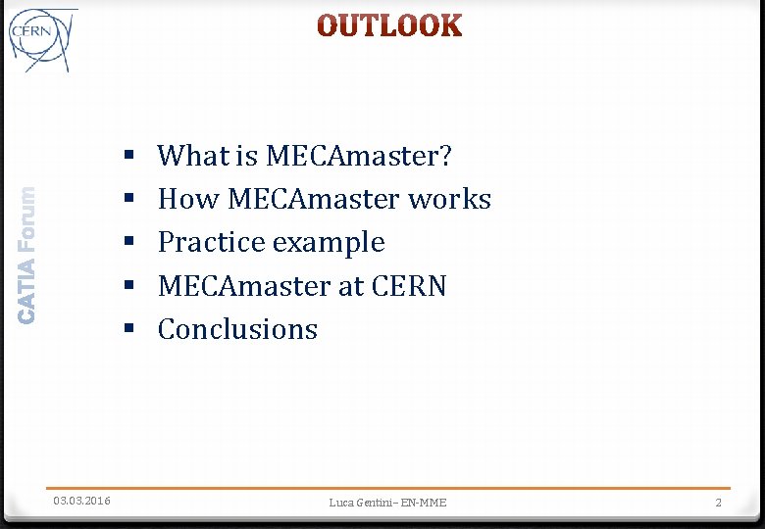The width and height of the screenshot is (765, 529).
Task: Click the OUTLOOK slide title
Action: [x=389, y=26]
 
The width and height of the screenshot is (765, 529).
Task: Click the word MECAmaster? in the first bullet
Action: [x=359, y=155]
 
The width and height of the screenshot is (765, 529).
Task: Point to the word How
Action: [x=188, y=199]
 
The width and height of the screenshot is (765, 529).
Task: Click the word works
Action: [x=449, y=199]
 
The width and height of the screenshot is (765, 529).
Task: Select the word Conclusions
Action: [x=237, y=329]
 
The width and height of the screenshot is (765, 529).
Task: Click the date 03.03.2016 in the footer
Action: [x=81, y=502]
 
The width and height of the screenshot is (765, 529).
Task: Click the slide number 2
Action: [x=718, y=503]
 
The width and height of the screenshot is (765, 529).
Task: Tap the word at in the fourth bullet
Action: [x=352, y=287]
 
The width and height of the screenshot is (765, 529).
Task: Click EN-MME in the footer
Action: [x=424, y=503]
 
